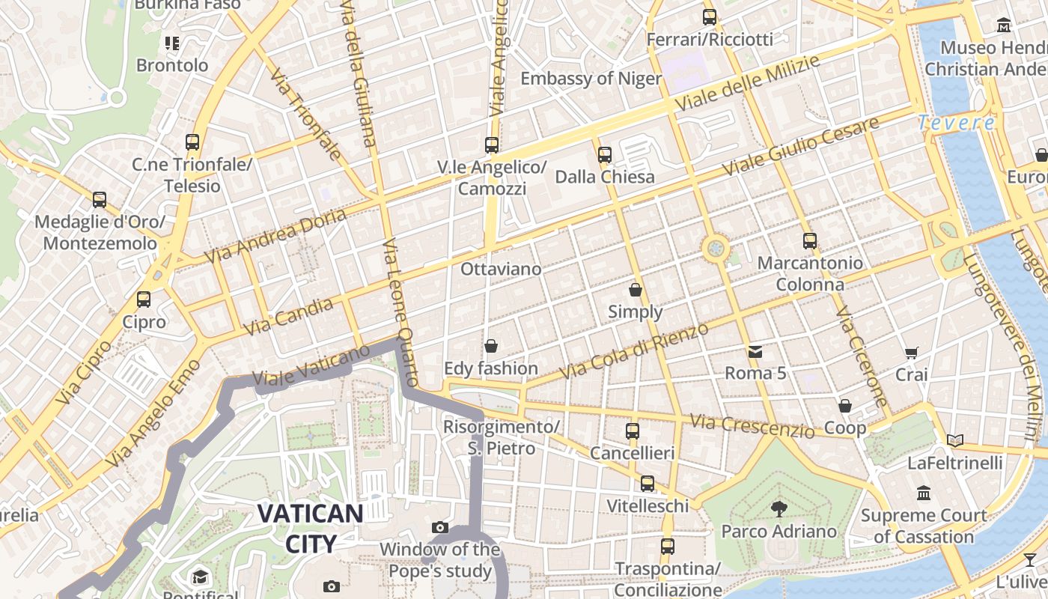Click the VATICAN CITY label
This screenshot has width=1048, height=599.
coord(310,529)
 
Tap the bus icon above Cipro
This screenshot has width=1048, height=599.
coord(144,299)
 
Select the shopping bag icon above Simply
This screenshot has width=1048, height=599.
coord(636,290)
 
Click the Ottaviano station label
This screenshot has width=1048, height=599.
coord(501,268)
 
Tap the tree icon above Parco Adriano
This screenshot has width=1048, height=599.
coord(779,509)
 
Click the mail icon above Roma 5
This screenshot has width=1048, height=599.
coord(755,351)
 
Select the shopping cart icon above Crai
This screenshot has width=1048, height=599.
coord(911,353)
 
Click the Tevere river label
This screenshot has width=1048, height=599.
coord(957,123)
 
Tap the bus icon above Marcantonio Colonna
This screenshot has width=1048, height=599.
coord(810,241)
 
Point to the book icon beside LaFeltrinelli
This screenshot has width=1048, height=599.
coord(954,441)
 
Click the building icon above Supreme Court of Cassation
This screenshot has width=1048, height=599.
coord(923,493)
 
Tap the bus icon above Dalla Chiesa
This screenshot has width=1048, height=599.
coord(604,155)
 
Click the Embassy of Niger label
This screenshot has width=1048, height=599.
coord(591,79)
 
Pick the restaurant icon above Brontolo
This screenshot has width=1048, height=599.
coord(173,43)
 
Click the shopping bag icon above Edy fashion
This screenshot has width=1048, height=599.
coord(491,346)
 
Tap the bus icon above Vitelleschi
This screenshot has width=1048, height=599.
coord(648,484)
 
